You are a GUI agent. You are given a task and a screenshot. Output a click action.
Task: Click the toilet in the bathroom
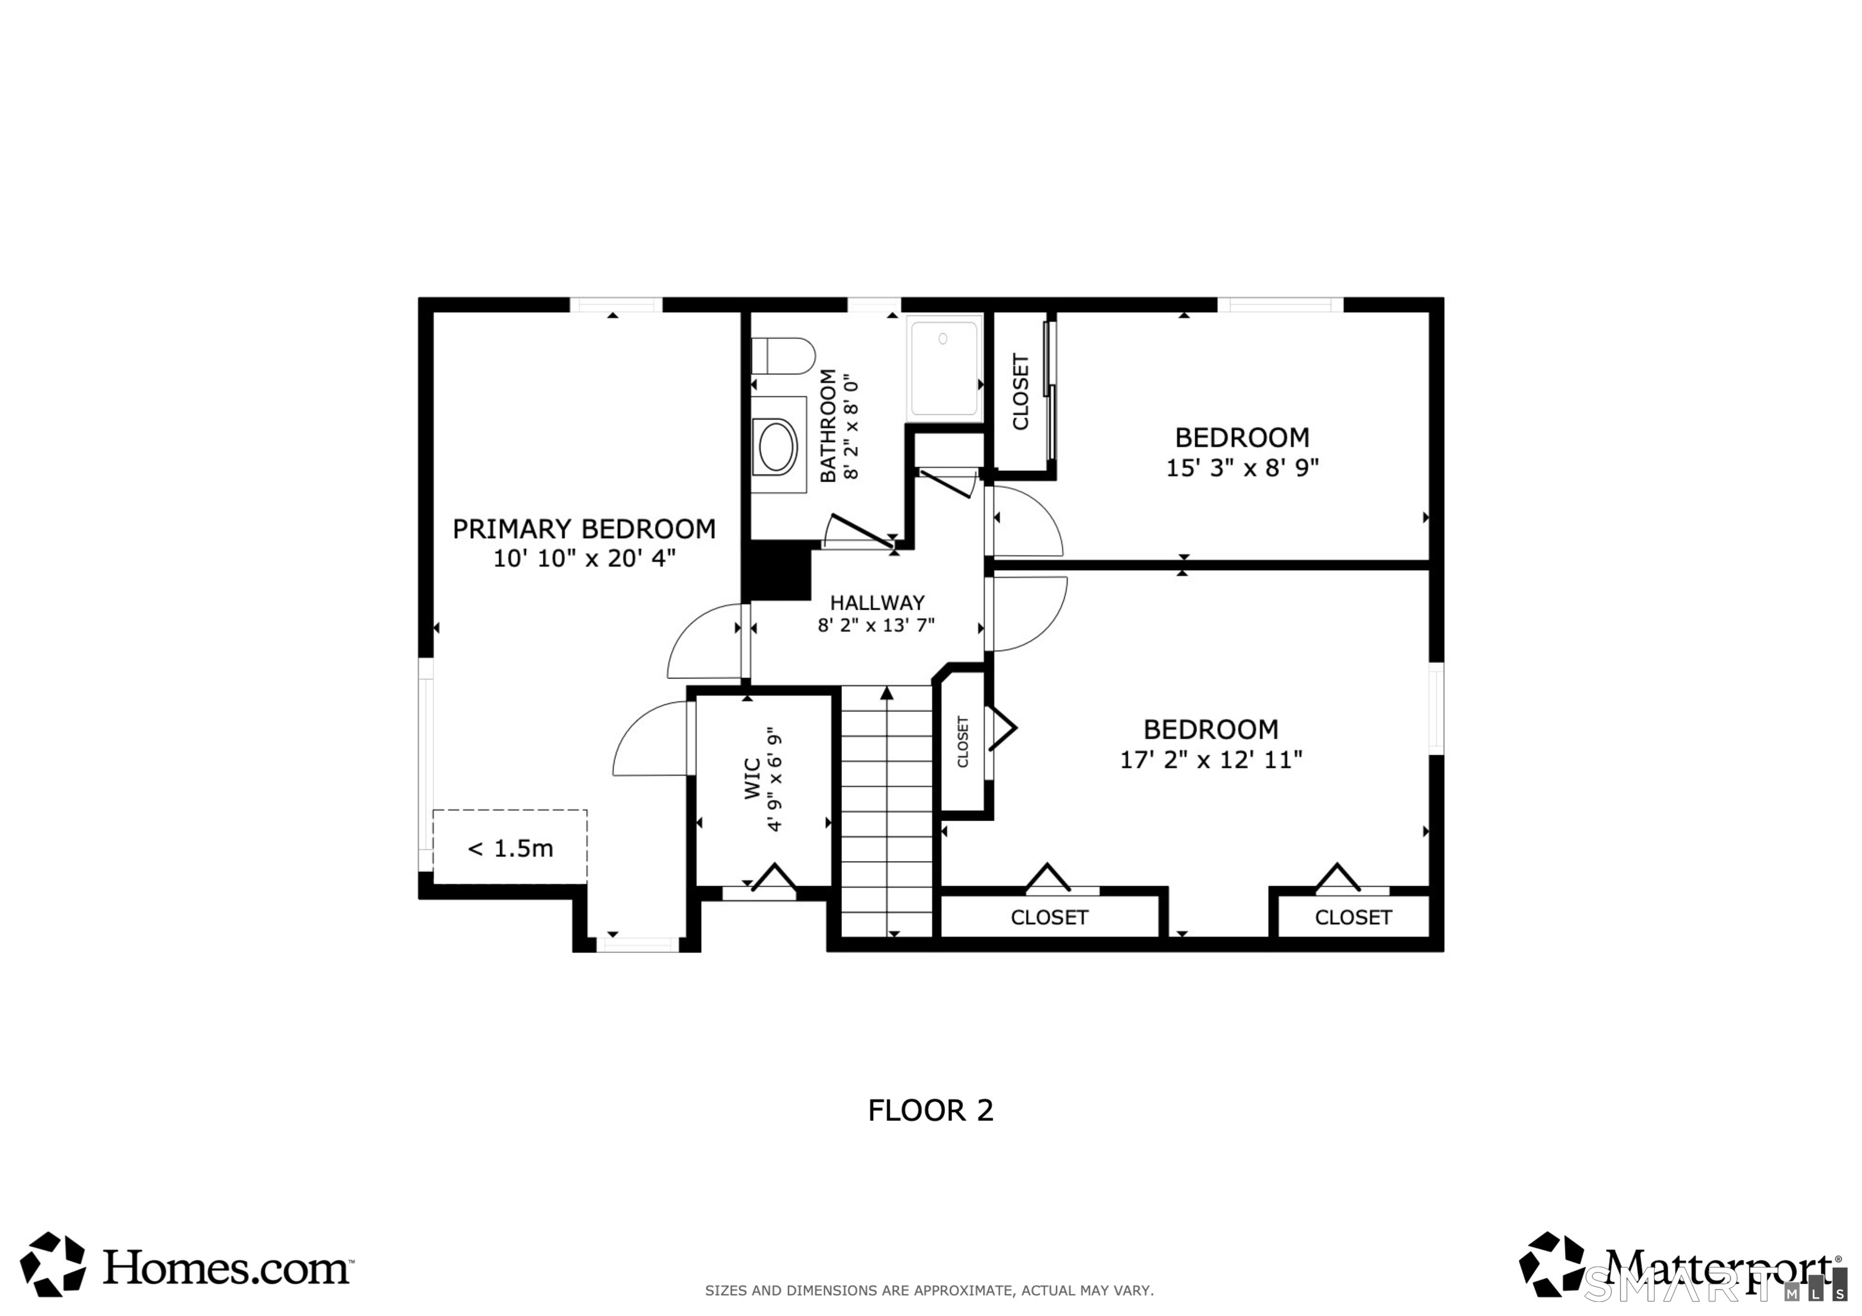coord(783,356)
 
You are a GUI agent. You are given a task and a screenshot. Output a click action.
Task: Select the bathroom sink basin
coord(776,445)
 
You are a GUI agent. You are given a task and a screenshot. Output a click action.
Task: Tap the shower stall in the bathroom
coord(944,368)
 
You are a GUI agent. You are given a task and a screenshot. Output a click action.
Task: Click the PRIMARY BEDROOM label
coord(584,530)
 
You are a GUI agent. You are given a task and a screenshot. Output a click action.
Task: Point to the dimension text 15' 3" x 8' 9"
coord(1241,468)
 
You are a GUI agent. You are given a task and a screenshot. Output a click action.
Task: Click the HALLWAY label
coord(876,602)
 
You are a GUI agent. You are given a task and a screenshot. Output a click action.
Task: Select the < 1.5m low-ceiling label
coord(510,848)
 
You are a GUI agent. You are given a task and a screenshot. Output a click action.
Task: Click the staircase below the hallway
coord(886,811)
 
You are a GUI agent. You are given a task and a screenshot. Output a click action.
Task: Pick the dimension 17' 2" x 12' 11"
coord(1211,760)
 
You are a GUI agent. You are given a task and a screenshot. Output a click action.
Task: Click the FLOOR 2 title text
coord(930,1110)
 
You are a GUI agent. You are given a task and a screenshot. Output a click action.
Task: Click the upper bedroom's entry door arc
coord(1027,523)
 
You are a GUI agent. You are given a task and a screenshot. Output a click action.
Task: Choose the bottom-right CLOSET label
coord(1353,917)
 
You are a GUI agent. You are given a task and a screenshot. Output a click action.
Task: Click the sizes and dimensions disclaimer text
coord(929,1290)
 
